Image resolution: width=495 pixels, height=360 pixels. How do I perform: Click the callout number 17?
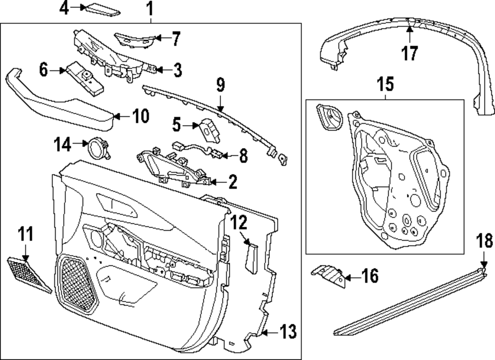pyautogui.click(x=410, y=52)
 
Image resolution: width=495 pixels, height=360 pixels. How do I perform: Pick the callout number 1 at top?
pyautogui.click(x=150, y=8)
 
